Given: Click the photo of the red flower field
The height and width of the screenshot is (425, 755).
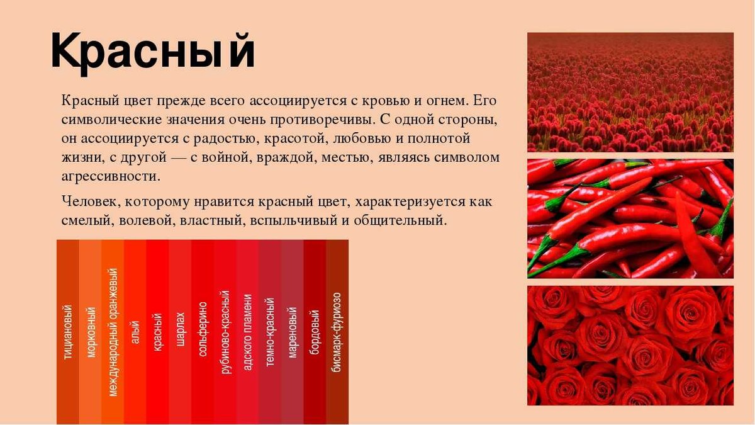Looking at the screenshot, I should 630,92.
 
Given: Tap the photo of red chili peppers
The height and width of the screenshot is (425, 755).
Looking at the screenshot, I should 630,218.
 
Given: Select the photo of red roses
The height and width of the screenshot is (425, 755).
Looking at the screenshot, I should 630,346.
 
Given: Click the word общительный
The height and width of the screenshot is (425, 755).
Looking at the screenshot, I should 400,221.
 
